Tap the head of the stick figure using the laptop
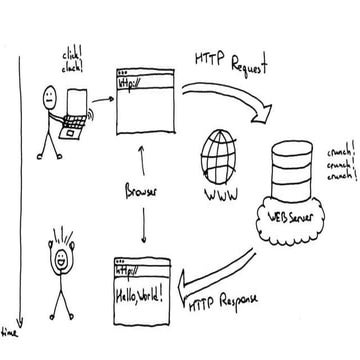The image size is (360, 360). (49, 98)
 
